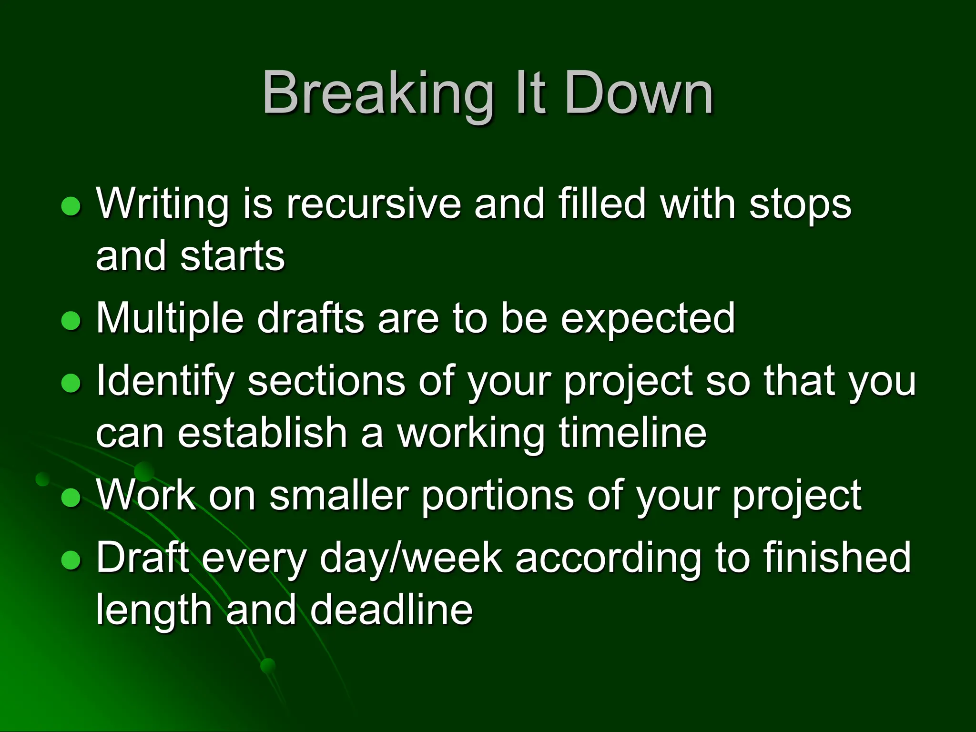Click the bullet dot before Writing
pyautogui.click(x=71, y=206)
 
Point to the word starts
pyautogui.click(x=233, y=256)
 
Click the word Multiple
pyautogui.click(x=170, y=318)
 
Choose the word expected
pyautogui.click(x=648, y=318)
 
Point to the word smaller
pyautogui.click(x=339, y=496)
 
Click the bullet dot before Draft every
pyautogui.click(x=71, y=560)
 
